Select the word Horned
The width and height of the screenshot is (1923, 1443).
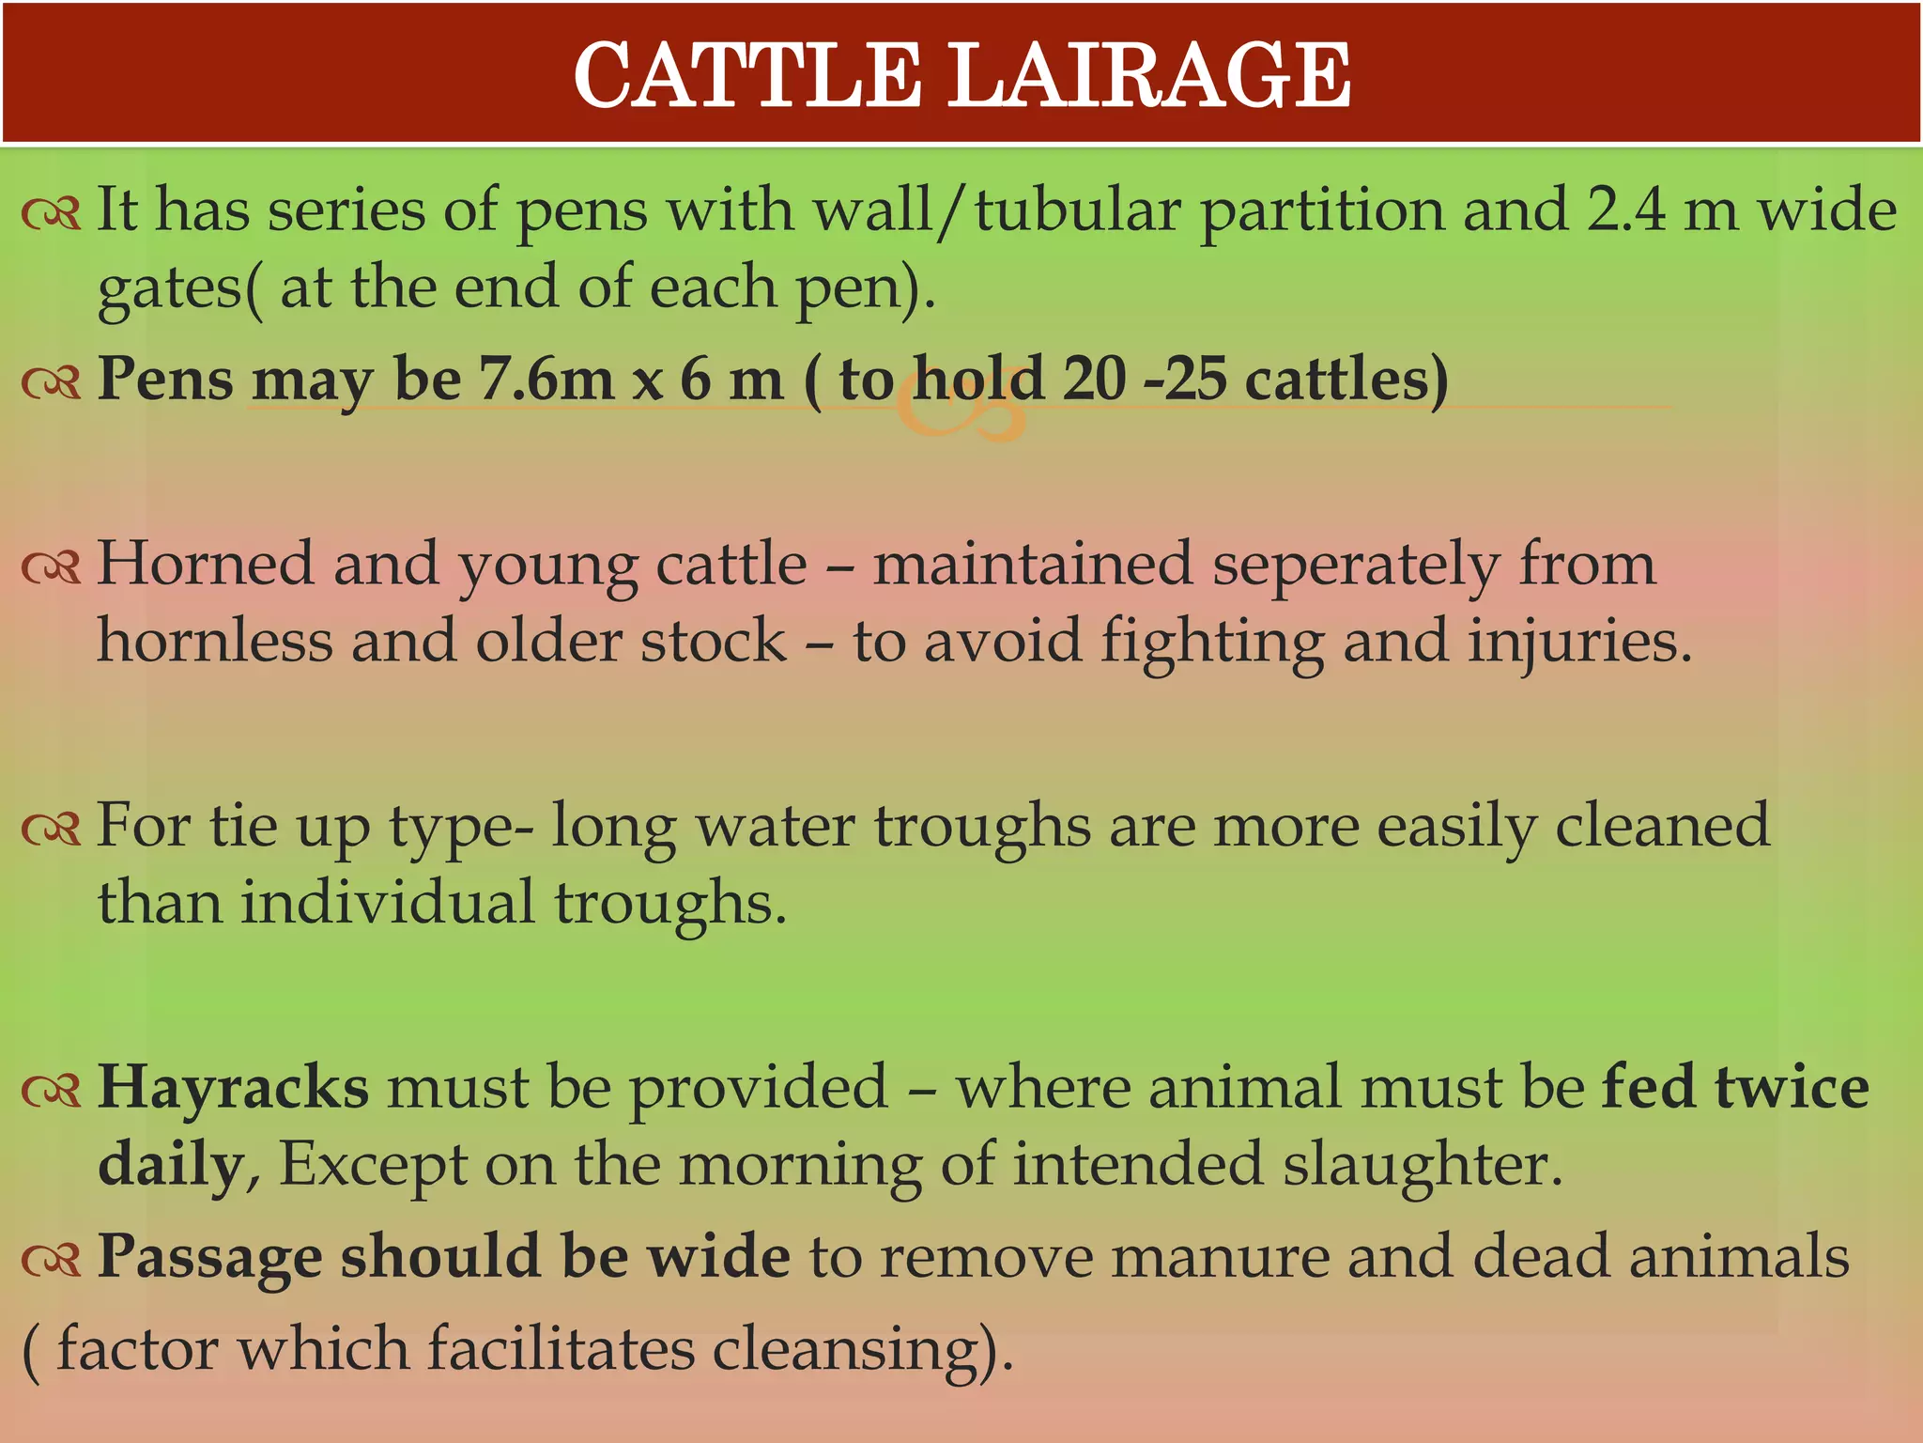point(205,564)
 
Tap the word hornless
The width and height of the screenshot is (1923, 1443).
point(215,641)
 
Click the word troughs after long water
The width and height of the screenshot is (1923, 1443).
point(982,828)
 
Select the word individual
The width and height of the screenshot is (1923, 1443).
point(388,902)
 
